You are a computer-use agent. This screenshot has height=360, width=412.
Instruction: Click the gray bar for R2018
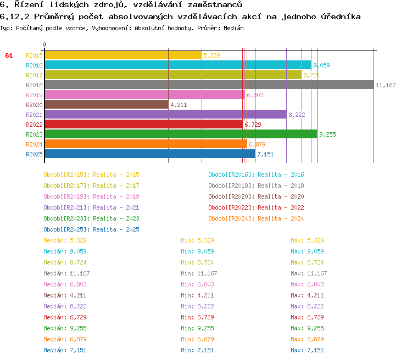(209, 85)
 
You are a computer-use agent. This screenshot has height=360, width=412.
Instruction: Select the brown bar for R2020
(106, 105)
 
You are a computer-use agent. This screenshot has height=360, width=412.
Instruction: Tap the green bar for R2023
(181, 134)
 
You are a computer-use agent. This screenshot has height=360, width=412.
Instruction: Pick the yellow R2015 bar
(123, 55)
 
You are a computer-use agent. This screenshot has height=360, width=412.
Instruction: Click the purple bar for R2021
(165, 115)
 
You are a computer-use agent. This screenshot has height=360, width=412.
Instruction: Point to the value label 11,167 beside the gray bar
(386, 85)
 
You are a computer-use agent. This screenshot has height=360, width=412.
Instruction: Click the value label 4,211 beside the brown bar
(179, 105)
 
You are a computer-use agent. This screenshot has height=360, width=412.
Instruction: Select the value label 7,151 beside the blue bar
(265, 154)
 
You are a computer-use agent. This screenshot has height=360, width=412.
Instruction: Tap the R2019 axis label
(34, 95)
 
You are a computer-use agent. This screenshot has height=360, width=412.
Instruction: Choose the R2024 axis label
(34, 144)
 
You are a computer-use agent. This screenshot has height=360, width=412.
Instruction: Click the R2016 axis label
(34, 65)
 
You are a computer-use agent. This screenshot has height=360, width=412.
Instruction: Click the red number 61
(9, 55)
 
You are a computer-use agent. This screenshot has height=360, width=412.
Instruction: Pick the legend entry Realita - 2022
(256, 207)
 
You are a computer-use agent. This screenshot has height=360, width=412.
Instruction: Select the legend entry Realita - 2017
(91, 185)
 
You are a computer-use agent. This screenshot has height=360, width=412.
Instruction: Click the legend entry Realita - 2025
(91, 229)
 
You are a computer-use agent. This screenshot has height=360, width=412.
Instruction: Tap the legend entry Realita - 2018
(256, 185)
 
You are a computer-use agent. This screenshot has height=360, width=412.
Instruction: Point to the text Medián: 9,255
(65, 328)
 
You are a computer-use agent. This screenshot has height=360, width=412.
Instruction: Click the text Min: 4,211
(197, 295)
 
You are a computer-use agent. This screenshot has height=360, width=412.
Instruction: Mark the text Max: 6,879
(307, 339)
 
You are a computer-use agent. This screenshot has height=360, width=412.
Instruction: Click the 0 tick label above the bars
(44, 44)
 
